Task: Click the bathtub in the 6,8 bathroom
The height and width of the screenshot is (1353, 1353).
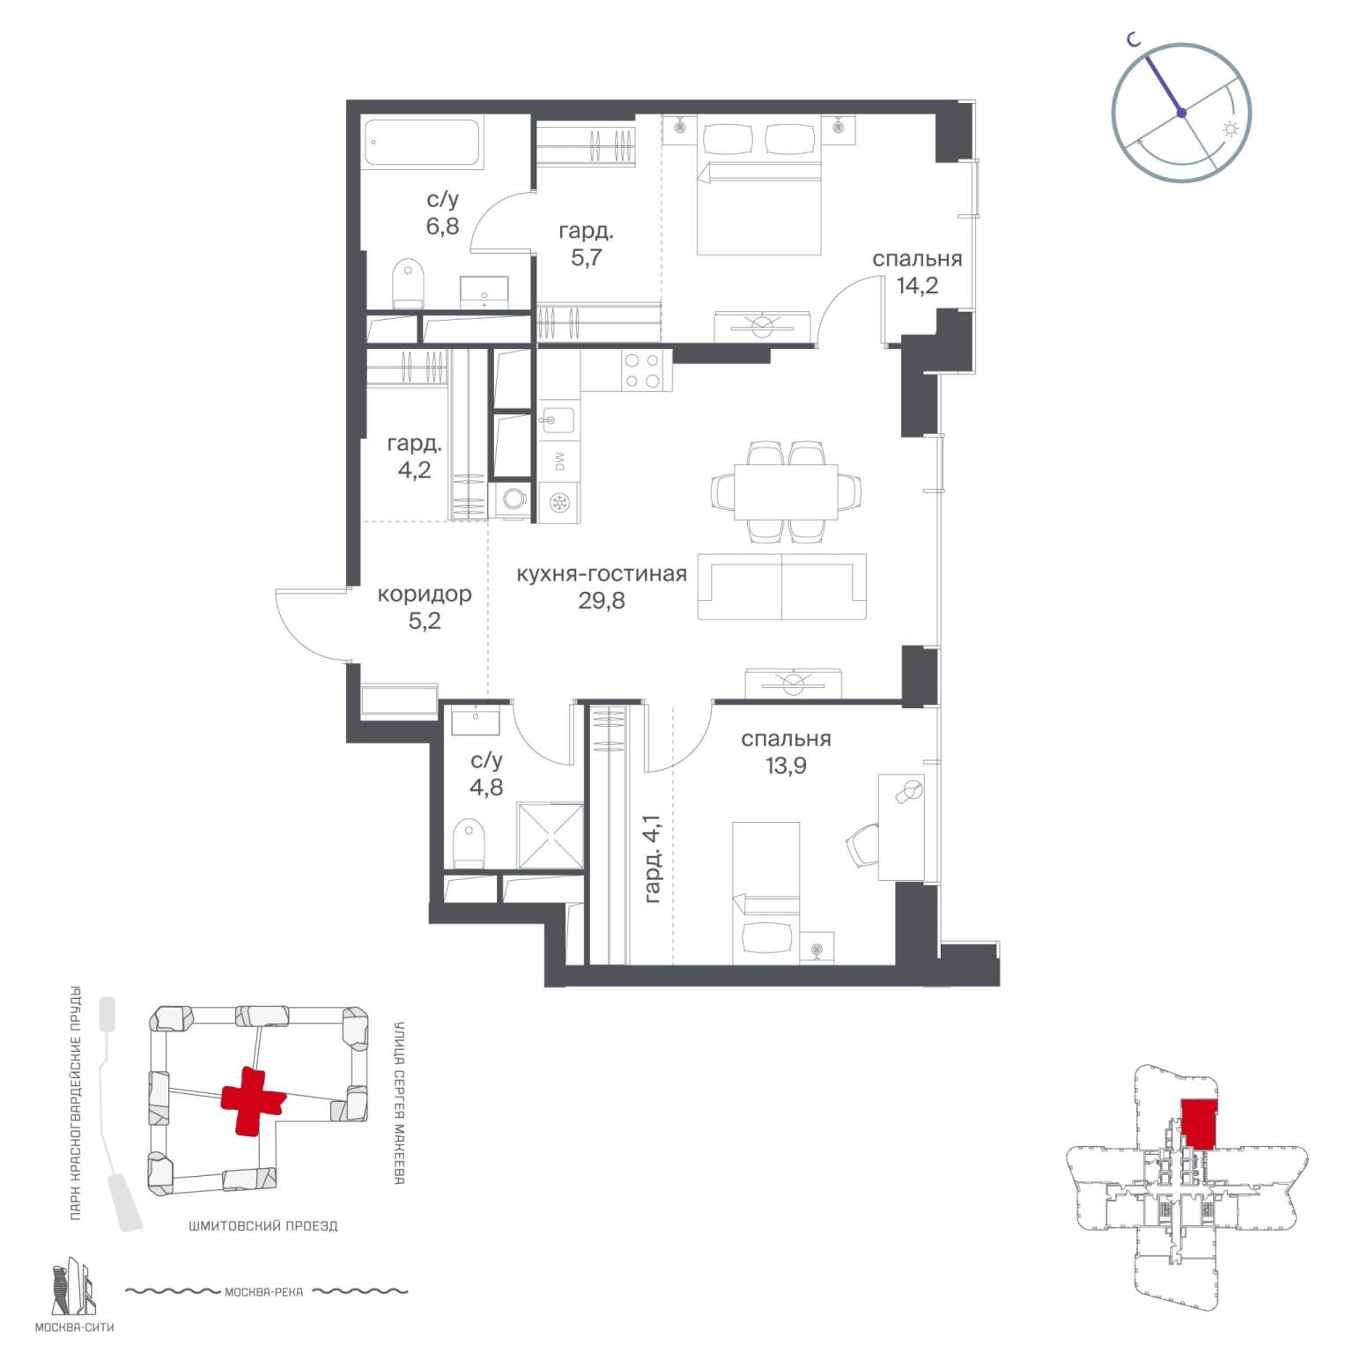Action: point(423,143)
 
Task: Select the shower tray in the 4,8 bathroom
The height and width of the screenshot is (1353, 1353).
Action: point(550,835)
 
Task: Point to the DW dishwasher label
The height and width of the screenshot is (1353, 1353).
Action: point(558,460)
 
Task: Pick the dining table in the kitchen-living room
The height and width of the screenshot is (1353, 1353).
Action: point(786,491)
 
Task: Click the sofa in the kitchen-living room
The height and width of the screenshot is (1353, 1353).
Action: point(782,587)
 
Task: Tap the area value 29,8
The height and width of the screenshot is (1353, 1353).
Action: point(602,601)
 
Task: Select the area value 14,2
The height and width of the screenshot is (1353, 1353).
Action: point(917,285)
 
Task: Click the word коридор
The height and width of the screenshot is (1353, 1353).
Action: point(425,595)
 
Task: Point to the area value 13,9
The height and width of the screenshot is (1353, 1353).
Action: point(786,765)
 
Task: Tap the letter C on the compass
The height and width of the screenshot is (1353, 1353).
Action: point(1135,39)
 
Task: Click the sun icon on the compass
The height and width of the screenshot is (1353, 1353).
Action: point(1230,129)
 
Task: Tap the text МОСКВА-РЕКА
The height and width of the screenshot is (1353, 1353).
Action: point(263,1292)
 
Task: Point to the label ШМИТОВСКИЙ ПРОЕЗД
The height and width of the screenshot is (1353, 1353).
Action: point(263,1225)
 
